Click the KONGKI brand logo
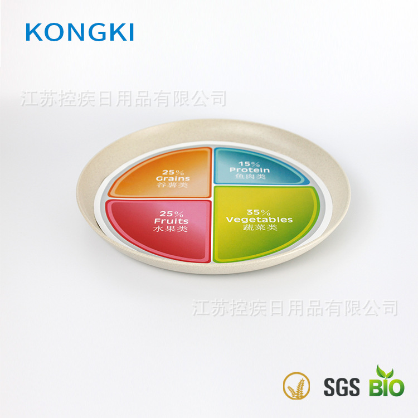point(80,32)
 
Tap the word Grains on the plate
point(173,179)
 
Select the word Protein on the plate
point(249,170)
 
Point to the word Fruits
point(172,221)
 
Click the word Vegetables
point(259,220)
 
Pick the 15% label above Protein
point(249,163)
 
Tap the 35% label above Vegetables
point(259,212)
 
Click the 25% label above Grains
point(172,172)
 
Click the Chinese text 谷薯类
point(173,186)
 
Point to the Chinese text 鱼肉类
point(250,177)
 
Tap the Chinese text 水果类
point(173,229)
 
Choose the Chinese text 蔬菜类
point(260,227)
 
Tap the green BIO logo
point(386,385)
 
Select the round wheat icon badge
point(297,385)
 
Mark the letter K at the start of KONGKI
point(35,32)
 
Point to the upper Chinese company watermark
point(124,99)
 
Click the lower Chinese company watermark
point(295,307)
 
